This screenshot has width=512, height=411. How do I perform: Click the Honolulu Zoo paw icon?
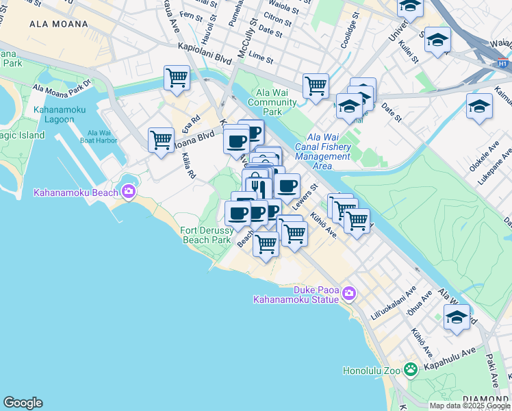410,371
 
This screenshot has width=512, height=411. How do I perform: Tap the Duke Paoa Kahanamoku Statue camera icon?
349,294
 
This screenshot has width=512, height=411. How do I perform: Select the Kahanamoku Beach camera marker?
128,192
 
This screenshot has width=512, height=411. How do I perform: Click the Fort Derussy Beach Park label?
206,235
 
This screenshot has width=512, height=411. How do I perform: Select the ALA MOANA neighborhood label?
59,24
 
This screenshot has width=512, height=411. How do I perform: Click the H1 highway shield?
502,64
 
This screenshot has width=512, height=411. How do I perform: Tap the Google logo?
23,403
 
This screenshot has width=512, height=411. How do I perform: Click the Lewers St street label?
305,195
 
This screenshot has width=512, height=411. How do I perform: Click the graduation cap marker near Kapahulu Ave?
457,317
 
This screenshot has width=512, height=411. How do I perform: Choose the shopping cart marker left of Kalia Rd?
161,140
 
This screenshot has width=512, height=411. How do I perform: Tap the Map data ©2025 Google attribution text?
469,406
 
